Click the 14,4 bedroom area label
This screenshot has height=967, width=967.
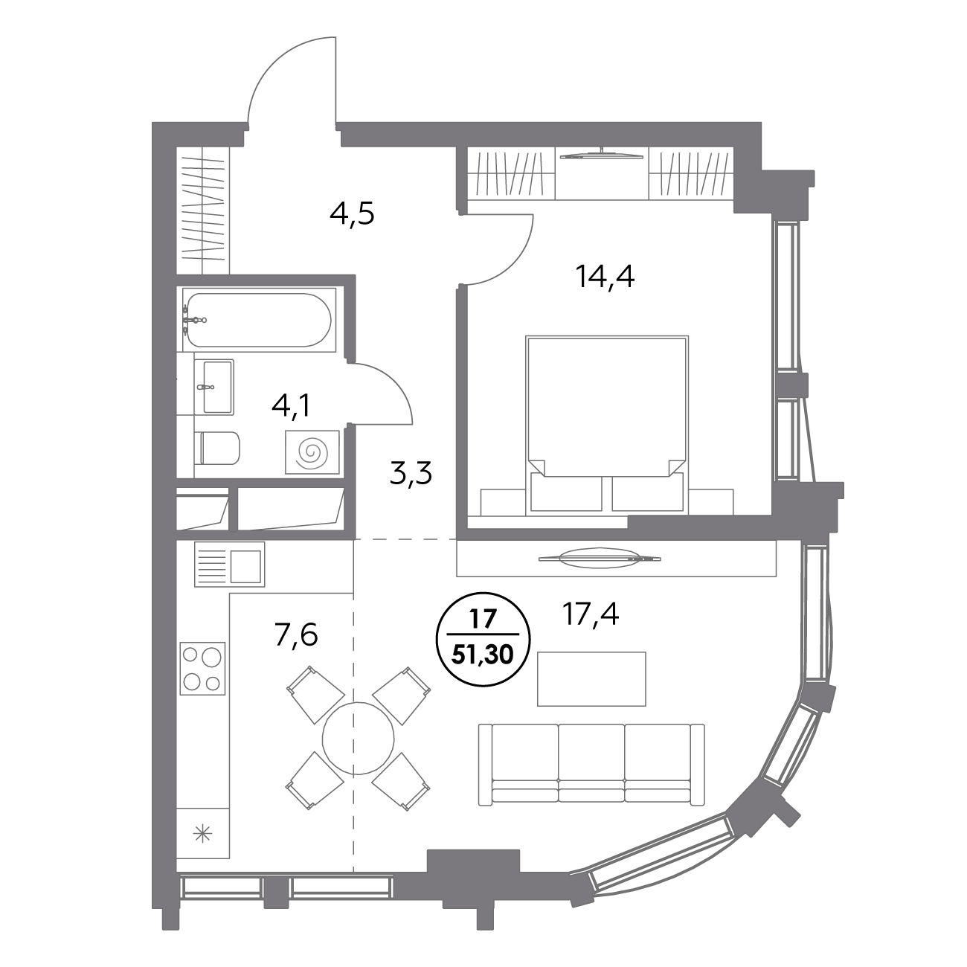pyautogui.click(x=604, y=277)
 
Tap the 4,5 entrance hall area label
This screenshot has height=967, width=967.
pyautogui.click(x=352, y=214)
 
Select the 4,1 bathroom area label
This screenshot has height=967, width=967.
pyautogui.click(x=291, y=406)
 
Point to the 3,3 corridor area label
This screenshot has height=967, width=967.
pyautogui.click(x=411, y=472)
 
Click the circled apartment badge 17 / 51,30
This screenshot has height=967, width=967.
pyautogui.click(x=485, y=640)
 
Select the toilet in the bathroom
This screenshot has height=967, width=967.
pyautogui.click(x=217, y=448)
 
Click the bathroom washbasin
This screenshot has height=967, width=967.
pyautogui.click(x=215, y=386)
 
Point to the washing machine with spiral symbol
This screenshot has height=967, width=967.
pyautogui.click(x=312, y=452)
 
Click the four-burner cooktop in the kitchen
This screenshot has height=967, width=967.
pyautogui.click(x=202, y=668)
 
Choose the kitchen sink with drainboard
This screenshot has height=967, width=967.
pyautogui.click(x=229, y=564)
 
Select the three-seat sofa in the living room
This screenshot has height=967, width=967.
pyautogui.click(x=591, y=763)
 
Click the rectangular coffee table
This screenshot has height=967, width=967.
pyautogui.click(x=591, y=678)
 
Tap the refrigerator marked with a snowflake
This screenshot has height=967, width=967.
pyautogui.click(x=202, y=834)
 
